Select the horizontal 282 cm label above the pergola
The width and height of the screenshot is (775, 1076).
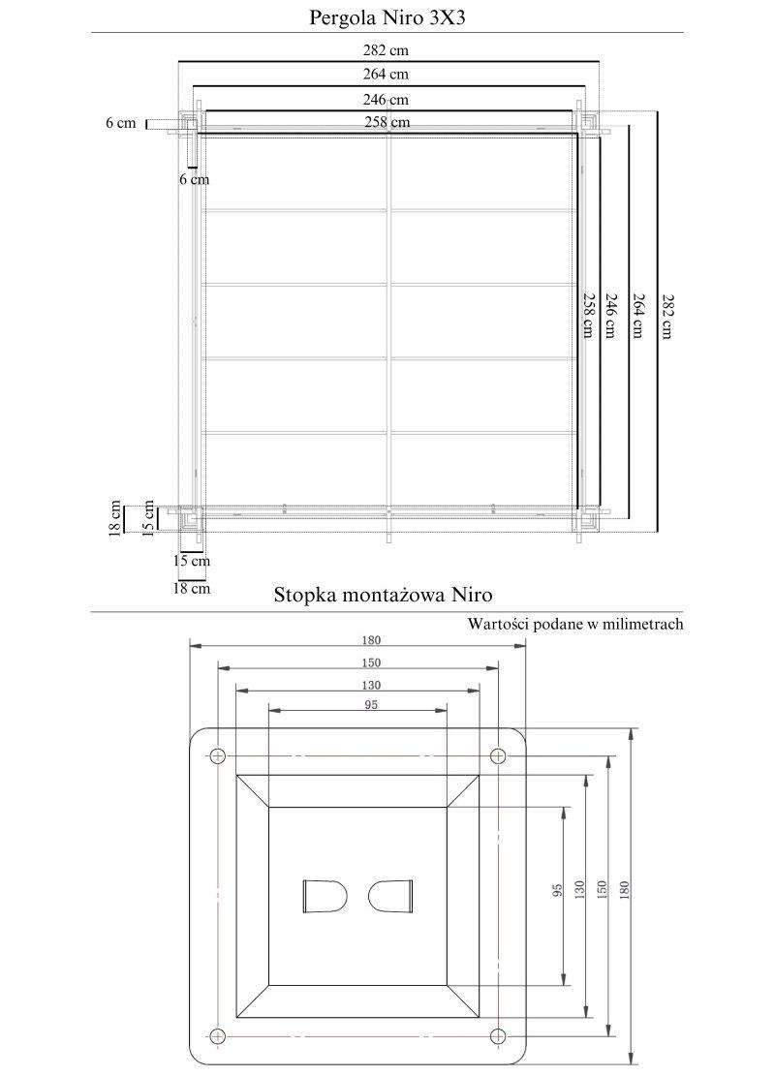(387, 49)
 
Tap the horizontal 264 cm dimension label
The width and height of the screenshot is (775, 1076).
(387, 74)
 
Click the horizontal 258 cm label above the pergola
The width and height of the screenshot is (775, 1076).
(387, 122)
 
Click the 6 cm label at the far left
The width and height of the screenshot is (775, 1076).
(121, 123)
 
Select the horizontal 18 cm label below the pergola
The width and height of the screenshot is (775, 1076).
(192, 588)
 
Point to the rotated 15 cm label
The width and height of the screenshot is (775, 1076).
(149, 516)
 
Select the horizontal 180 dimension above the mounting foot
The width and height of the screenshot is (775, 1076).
(373, 640)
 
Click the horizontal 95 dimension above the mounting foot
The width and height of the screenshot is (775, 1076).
(371, 705)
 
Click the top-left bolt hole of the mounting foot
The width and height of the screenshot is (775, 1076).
(218, 756)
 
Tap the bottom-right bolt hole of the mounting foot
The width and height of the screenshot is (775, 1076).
(499, 1034)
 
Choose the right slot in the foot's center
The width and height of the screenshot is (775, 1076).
(392, 895)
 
